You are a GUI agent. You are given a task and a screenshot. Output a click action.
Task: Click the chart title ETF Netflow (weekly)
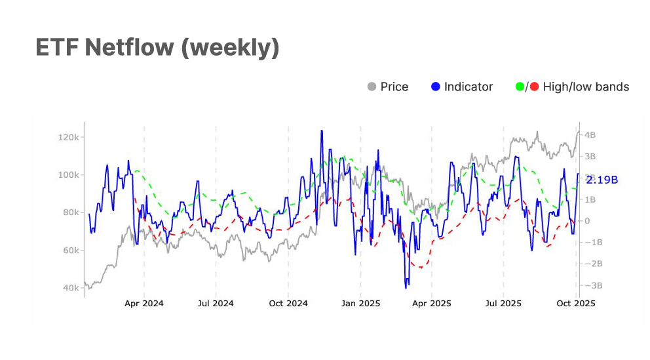click(x=157, y=48)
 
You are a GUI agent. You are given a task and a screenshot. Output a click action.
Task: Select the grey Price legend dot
click(x=372, y=87)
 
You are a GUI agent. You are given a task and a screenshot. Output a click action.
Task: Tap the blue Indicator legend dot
click(x=436, y=87)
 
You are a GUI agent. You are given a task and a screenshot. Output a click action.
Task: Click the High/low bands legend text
click(x=586, y=87)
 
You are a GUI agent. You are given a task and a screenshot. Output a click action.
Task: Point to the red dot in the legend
click(x=534, y=87)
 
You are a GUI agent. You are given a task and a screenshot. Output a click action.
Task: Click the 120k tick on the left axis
click(x=68, y=137)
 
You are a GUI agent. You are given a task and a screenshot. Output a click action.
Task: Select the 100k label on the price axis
click(x=68, y=175)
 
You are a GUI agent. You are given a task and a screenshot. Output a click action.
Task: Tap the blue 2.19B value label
click(x=602, y=180)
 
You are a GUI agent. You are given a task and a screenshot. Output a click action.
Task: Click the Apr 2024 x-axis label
click(x=144, y=304)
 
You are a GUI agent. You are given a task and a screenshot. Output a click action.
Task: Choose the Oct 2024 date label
click(x=288, y=304)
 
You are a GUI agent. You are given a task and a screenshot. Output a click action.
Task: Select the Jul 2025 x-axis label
click(x=503, y=304)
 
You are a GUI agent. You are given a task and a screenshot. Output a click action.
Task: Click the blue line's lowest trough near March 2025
click(x=406, y=287)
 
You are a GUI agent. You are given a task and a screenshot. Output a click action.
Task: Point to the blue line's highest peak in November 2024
click(x=322, y=130)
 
